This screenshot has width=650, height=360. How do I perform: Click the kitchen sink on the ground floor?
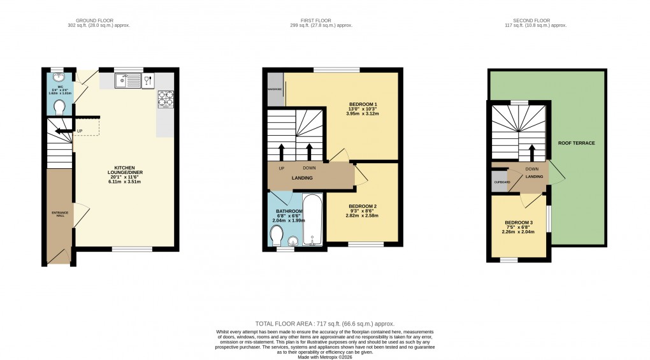coord(129,80)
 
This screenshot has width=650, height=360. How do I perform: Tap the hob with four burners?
coord(166,99)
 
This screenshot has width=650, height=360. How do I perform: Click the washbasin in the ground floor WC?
coord(60,77)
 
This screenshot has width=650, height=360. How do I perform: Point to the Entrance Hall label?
coord(59,214)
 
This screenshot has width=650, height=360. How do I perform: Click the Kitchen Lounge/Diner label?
coord(125,172)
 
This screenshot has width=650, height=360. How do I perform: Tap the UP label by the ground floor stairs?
coord(80,132)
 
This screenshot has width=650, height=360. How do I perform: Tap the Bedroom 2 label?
coord(363,211)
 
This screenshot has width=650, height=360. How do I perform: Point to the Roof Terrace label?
coord(577,143)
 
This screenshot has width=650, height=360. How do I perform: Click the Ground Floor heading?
coord(95,20)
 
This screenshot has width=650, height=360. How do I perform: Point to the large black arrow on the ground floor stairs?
coord(62,132)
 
